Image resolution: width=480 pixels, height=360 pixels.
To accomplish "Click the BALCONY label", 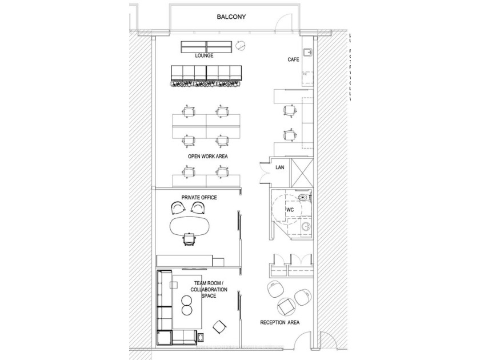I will coord(231,17).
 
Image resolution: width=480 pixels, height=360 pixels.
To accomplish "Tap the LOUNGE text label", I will coord(204,56).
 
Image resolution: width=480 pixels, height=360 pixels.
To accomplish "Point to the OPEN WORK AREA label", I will coord(206,156).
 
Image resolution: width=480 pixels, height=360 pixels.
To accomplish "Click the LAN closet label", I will coord(280,167).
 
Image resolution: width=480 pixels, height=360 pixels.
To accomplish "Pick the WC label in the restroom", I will coord(290,210).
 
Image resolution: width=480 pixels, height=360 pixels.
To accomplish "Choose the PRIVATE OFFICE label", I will coord(199,198).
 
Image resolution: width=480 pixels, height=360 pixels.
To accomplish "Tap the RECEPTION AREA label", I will coord(280,323).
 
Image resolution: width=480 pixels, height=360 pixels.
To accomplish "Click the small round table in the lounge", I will coord(242,45).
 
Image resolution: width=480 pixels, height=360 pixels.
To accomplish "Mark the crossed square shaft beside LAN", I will coord(303,170).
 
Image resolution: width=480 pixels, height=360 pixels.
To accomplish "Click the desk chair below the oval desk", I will coord(189,238).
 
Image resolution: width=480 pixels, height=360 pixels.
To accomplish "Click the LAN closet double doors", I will coord(264,172).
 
